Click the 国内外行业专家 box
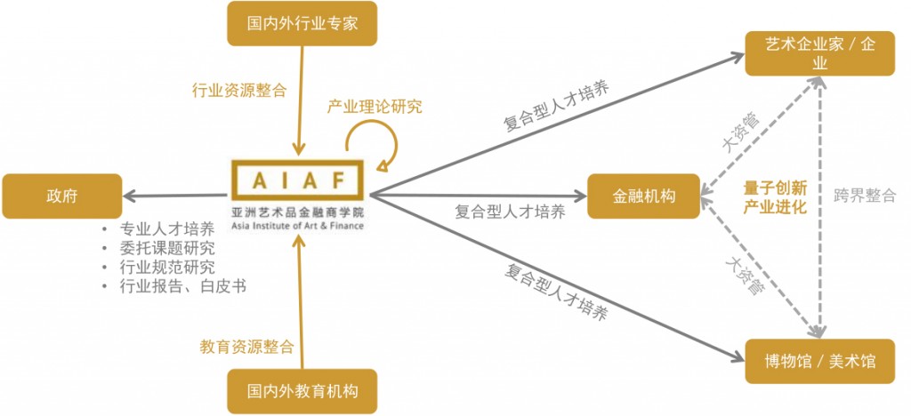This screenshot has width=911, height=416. (302, 23)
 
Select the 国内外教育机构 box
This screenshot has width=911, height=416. (302, 391)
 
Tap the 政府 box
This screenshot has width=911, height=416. (61, 196)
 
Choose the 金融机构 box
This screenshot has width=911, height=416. (643, 196)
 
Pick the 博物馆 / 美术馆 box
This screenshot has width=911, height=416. (820, 361)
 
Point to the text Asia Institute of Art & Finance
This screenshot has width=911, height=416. (297, 226)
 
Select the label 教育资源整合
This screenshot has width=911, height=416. (246, 347)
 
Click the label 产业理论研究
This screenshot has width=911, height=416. (375, 108)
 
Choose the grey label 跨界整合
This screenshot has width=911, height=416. (865, 196)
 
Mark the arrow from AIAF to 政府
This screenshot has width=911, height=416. (173, 196)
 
